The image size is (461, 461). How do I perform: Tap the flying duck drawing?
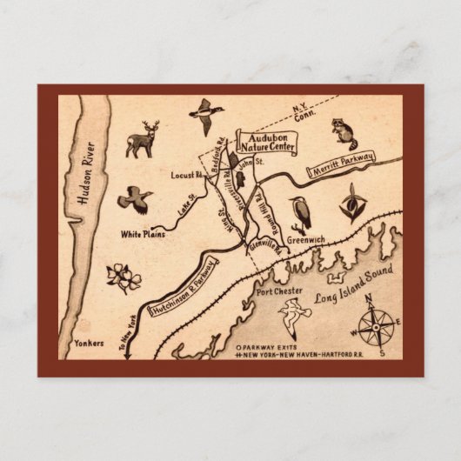204,115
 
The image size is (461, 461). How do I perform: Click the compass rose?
372,329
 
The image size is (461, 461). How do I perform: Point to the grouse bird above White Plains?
136,200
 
